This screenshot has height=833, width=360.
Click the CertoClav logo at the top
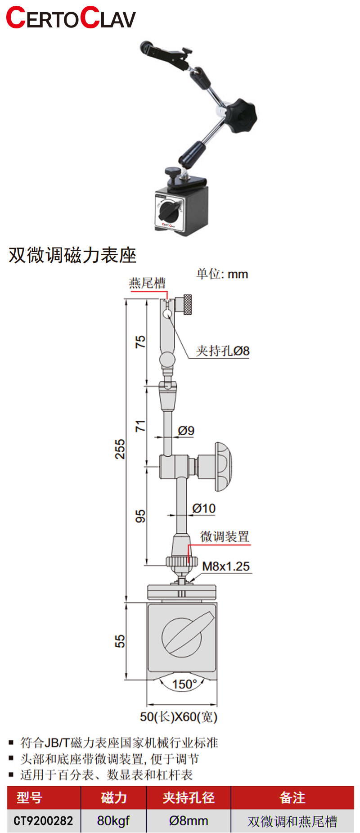click(71, 18)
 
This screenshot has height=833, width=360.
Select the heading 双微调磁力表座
click(72, 255)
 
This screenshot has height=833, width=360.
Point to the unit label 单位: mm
click(222, 274)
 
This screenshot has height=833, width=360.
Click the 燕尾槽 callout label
click(147, 283)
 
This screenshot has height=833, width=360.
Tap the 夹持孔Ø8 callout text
click(222, 351)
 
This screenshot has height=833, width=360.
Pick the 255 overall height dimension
click(120, 449)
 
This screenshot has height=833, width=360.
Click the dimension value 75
click(140, 342)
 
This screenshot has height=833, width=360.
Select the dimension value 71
click(140, 426)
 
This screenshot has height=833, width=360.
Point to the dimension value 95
click(140, 516)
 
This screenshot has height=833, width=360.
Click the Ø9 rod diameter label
click(186, 431)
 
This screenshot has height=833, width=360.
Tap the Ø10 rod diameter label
click(204, 509)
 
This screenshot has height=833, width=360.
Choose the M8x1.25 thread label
click(225, 566)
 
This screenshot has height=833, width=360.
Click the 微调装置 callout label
click(225, 536)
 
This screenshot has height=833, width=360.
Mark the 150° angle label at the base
click(184, 684)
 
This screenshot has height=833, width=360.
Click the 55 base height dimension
click(120, 641)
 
